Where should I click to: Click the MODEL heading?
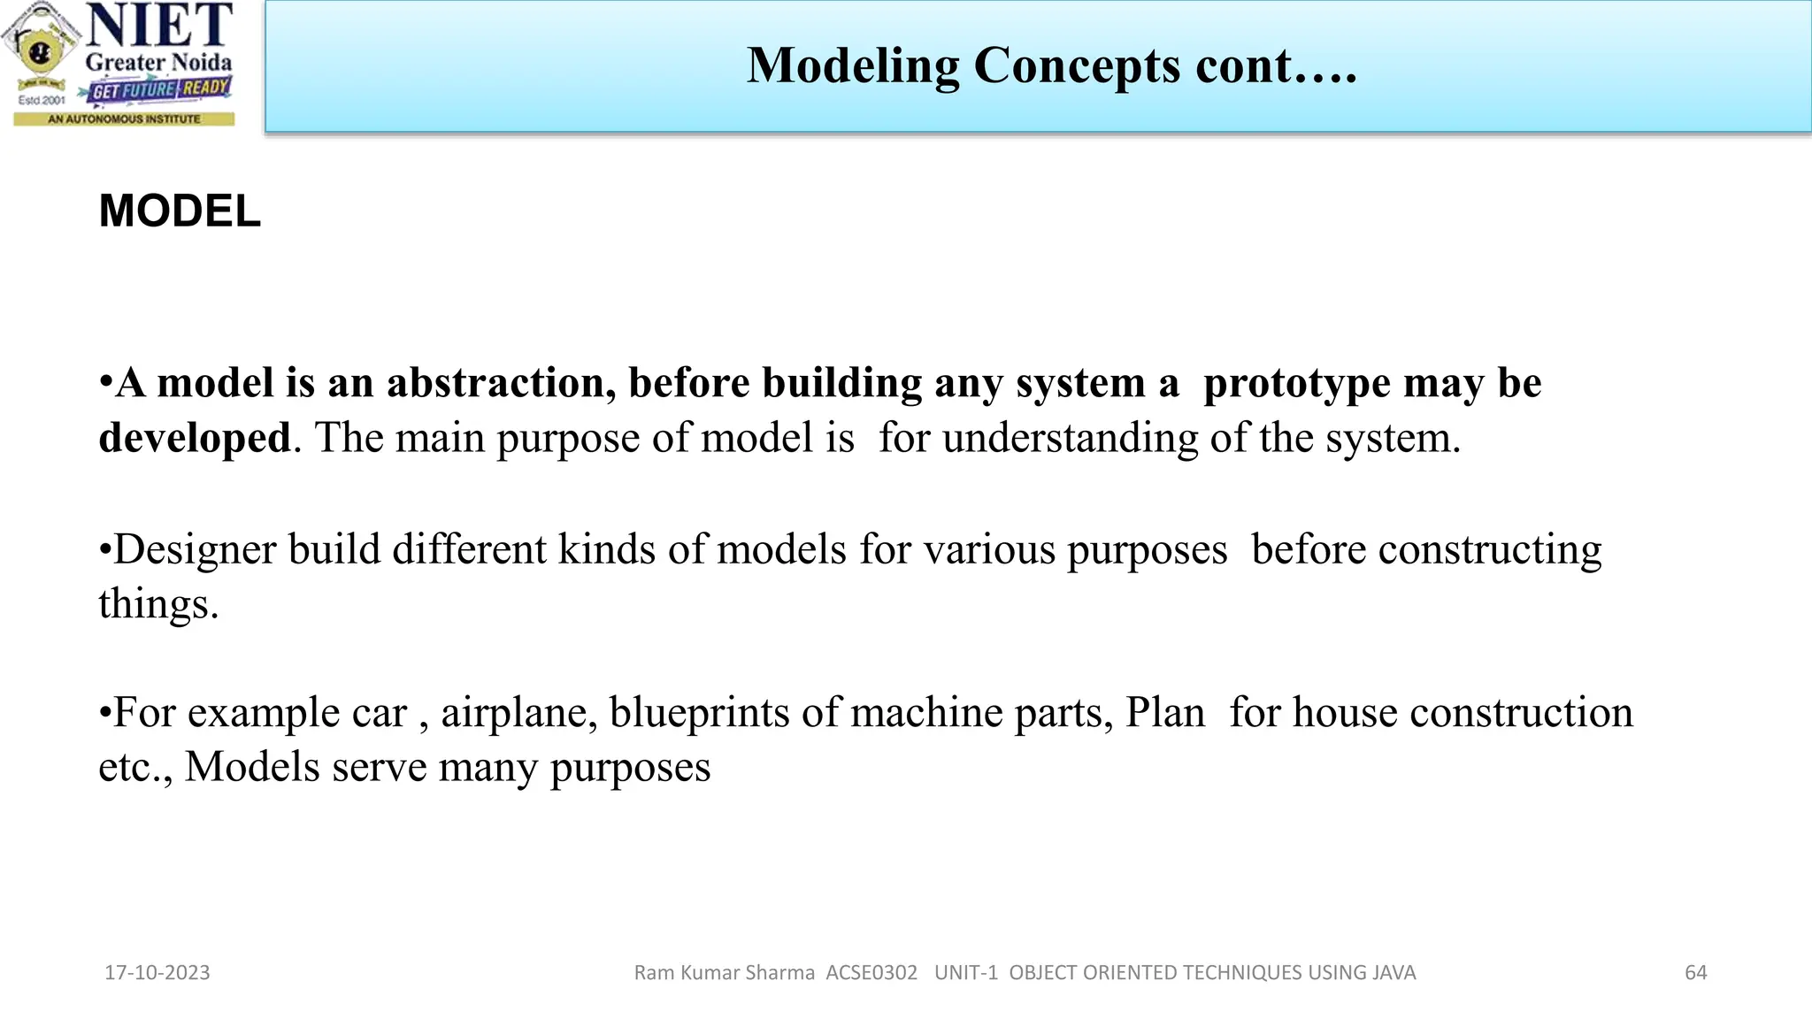click(x=180, y=211)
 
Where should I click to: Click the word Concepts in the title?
click(x=1077, y=66)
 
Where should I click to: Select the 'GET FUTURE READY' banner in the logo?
click(x=160, y=89)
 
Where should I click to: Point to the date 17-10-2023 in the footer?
click(x=157, y=973)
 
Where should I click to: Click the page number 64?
click(x=1695, y=973)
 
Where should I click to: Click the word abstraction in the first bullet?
click(x=501, y=383)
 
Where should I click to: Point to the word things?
click(x=157, y=605)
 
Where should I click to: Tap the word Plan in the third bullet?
click(x=1164, y=713)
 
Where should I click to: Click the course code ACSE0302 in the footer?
click(x=871, y=973)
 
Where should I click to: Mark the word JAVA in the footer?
click(x=1394, y=973)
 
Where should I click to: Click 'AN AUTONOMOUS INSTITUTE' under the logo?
click(x=124, y=119)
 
